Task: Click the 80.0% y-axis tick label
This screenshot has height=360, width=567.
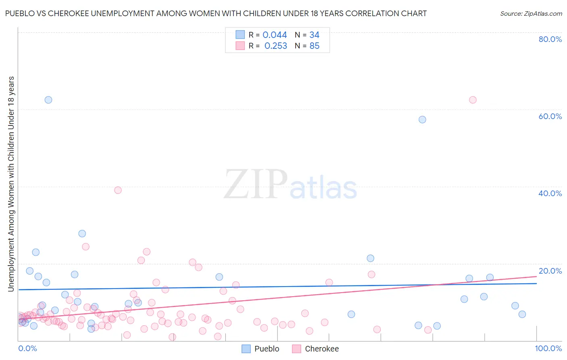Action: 550,39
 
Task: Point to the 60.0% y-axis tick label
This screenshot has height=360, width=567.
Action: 550,116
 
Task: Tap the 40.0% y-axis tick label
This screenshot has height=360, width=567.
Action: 550,193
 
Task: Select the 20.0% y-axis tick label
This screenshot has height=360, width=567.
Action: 550,271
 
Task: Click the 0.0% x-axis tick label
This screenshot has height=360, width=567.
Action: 27,349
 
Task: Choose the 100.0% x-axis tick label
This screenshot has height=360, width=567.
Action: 548,349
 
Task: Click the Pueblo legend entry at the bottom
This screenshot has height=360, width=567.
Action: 261,349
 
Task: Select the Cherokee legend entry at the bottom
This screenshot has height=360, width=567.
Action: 315,349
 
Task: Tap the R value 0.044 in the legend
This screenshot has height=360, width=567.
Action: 275,35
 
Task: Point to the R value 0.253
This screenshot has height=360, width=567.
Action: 275,46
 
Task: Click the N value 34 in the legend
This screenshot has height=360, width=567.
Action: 314,35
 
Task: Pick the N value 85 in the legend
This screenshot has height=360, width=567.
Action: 314,46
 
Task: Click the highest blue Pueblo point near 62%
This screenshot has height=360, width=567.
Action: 48,100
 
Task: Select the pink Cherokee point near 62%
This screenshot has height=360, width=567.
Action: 473,100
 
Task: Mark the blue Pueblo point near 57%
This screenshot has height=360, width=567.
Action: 422,119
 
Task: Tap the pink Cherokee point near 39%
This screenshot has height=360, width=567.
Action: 118,190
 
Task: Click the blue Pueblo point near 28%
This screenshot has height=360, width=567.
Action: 82,234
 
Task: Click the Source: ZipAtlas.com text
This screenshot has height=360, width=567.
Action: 531,14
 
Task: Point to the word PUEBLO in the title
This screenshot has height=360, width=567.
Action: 20,14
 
